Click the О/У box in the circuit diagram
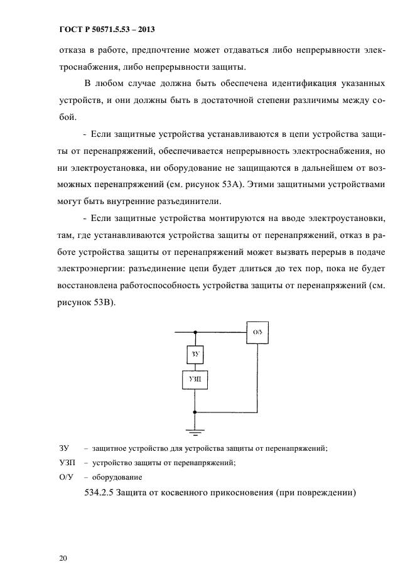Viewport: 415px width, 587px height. pyautogui.click(x=256, y=331)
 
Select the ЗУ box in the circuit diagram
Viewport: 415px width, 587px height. pyautogui.click(x=195, y=355)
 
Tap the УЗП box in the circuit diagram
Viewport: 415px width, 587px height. pyautogui.click(x=195, y=380)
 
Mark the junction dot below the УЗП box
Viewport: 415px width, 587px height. pyautogui.click(x=195, y=412)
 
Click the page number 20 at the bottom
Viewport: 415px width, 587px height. pyautogui.click(x=62, y=557)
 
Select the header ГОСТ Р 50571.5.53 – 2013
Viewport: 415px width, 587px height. pyautogui.click(x=99, y=30)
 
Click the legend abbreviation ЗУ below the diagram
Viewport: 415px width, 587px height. pyautogui.click(x=63, y=448)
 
